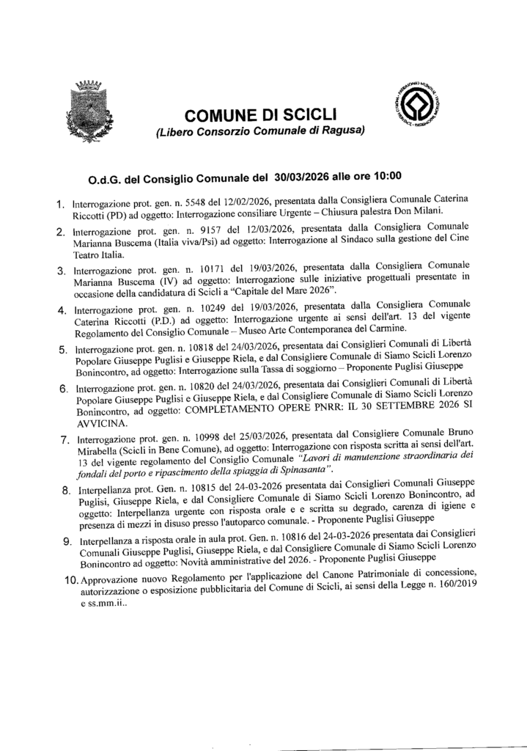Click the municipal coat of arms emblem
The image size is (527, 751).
[92, 112]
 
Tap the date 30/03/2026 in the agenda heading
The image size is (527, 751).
[307, 176]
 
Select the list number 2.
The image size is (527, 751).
[62, 234]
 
